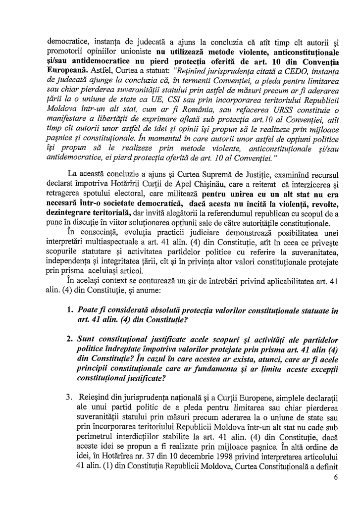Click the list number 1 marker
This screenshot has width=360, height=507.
point(69,311)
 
